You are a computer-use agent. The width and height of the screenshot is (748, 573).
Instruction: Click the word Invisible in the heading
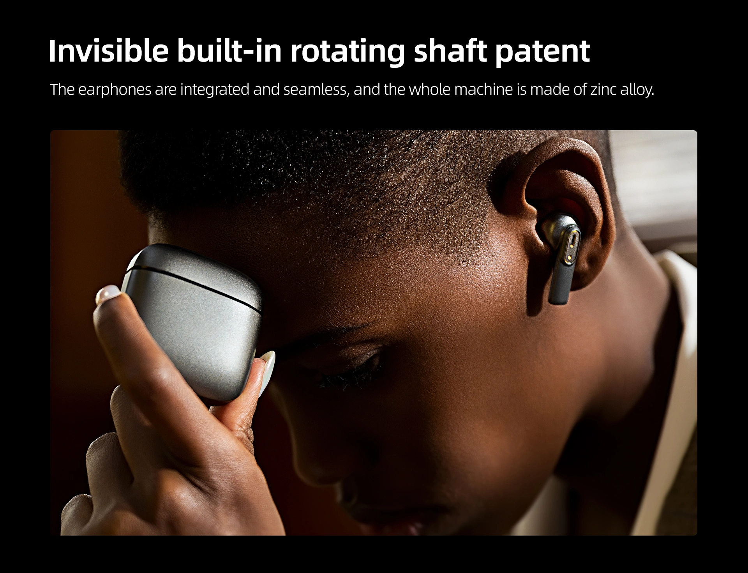click(x=109, y=51)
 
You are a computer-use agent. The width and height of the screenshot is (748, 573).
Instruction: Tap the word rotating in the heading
click(x=348, y=51)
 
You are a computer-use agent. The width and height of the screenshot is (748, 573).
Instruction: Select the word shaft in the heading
click(x=450, y=51)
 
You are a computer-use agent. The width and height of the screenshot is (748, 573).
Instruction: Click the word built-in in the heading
click(x=229, y=51)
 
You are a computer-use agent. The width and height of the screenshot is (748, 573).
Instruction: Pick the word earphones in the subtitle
click(x=115, y=90)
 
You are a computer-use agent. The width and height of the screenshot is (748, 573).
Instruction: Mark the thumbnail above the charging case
click(x=108, y=294)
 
